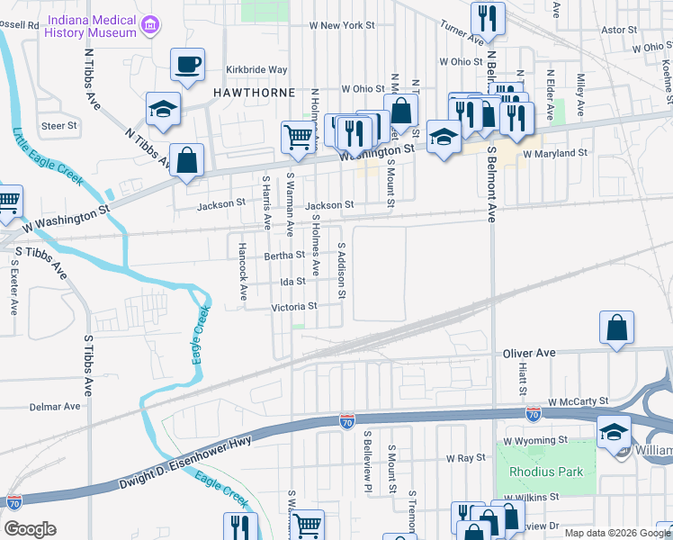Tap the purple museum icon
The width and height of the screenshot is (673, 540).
pos(152,24)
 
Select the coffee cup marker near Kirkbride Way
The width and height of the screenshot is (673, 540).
pos(188,65)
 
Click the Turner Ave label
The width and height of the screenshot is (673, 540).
pos(462,34)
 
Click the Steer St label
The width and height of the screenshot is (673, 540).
pos(59,126)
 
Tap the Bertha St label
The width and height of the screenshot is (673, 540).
pos(284,256)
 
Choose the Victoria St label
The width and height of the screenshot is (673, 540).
pos(294,307)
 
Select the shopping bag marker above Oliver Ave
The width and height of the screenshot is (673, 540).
pos(616,329)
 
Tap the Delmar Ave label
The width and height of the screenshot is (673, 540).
pos(54,407)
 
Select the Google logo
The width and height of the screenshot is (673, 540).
pos(29,529)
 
